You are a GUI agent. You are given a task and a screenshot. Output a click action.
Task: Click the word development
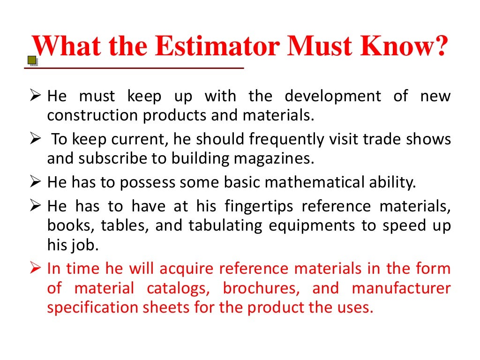[332, 97]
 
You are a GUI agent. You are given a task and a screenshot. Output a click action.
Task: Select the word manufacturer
[401, 288]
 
